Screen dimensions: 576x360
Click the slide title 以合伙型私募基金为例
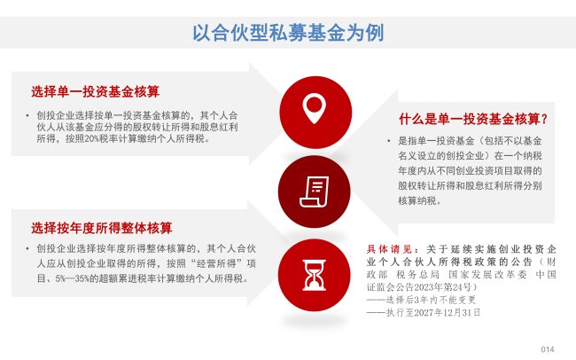click(288, 33)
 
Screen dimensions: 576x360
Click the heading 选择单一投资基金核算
click(95, 91)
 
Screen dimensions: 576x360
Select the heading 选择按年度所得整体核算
click(102, 228)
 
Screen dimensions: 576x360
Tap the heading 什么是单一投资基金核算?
click(473, 119)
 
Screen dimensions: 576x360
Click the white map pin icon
click(314, 108)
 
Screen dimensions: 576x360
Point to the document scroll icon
click(314, 192)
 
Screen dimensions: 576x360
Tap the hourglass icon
click(314, 275)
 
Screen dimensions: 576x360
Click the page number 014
click(548, 349)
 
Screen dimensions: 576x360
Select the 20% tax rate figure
click(91, 139)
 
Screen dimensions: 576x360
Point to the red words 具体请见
click(390, 249)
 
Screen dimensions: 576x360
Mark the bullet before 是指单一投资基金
click(388, 141)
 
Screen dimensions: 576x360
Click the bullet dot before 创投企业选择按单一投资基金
click(27, 116)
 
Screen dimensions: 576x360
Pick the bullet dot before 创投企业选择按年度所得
click(27, 249)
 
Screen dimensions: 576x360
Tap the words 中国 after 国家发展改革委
click(546, 274)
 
